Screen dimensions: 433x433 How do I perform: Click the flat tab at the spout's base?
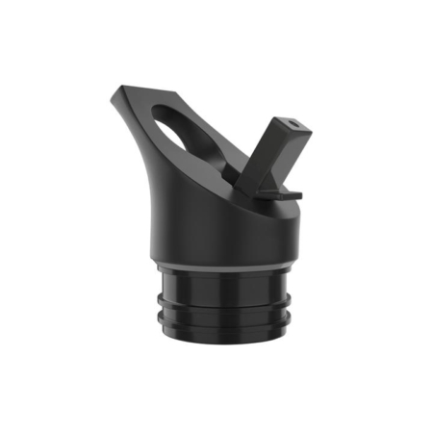click(283, 193)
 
